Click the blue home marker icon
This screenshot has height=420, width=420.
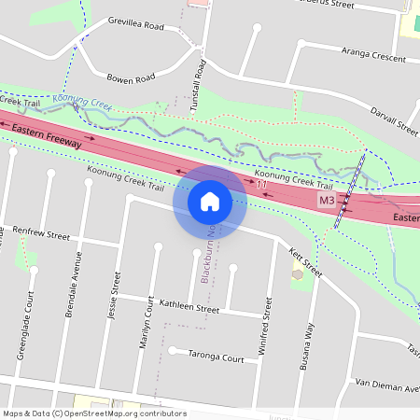(x=210, y=200)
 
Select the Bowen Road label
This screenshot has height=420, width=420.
(x=130, y=78)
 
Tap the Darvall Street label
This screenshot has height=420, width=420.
(x=393, y=122)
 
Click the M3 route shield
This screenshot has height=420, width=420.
(x=326, y=201)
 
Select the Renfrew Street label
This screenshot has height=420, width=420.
(x=41, y=233)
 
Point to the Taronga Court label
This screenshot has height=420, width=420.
(x=214, y=358)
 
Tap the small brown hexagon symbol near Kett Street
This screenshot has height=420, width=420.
(x=298, y=274)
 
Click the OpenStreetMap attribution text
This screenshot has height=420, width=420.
(x=93, y=413)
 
